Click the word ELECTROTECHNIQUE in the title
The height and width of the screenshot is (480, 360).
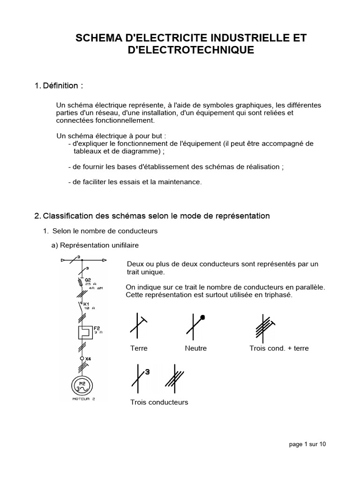pos(191,50)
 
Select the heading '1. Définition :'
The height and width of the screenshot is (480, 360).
pos(59,86)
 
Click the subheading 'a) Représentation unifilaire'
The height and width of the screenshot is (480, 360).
pos(95,245)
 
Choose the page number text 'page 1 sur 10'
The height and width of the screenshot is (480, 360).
pos(307,444)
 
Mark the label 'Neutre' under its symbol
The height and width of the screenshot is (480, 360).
pos(195,348)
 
